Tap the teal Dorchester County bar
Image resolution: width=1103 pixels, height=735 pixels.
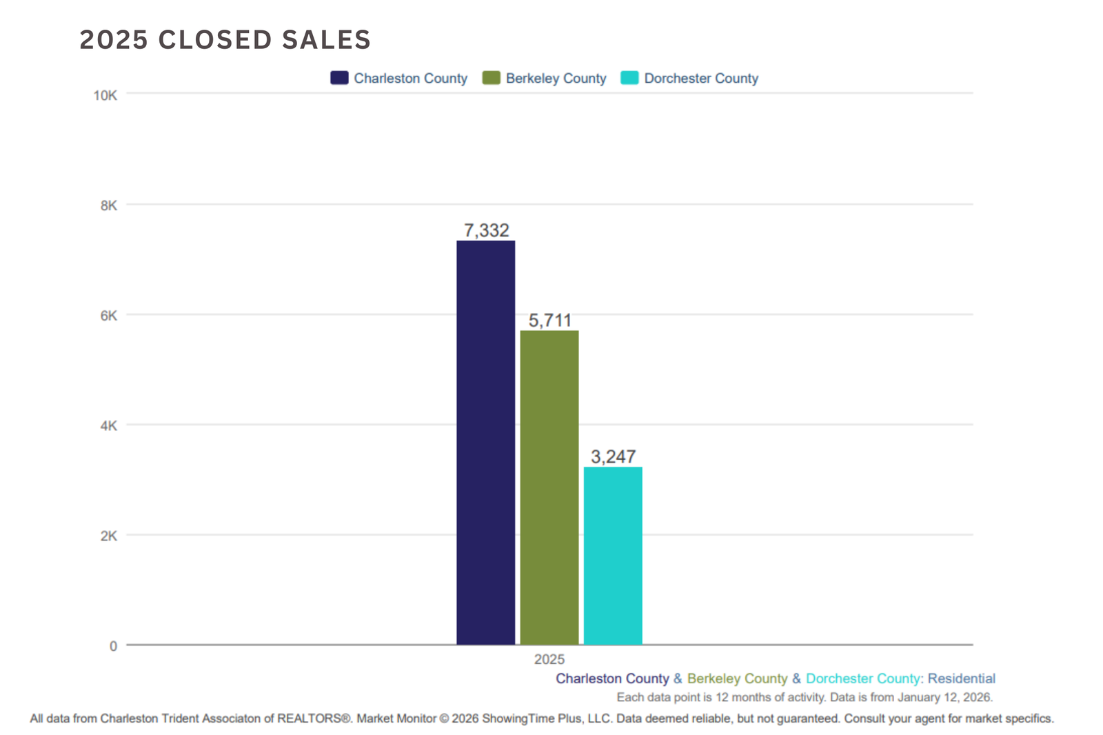613,556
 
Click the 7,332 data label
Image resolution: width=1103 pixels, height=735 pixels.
486,230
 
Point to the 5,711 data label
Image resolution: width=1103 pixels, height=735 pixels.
549,321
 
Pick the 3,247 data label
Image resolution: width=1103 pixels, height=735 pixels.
613,456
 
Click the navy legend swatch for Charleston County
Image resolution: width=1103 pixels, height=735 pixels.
339,78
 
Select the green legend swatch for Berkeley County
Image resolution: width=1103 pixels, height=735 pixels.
491,78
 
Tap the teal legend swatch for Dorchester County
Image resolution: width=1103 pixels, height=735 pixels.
629,78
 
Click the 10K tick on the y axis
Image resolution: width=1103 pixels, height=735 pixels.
105,95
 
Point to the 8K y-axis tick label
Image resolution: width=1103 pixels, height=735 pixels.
109,205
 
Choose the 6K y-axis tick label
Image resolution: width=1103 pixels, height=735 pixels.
109,316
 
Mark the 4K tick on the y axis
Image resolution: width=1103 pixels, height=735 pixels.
109,426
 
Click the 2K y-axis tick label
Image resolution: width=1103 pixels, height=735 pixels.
109,536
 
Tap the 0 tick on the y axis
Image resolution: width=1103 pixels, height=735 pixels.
113,646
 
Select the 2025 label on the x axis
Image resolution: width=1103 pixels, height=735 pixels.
549,660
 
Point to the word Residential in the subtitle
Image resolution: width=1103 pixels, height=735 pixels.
961,678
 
